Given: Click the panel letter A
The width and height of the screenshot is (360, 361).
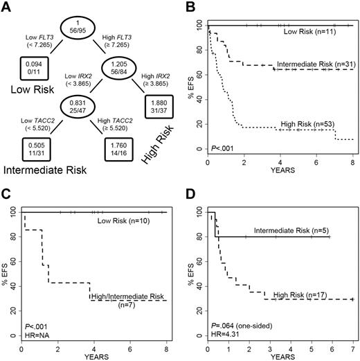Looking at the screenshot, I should (x=9, y=9).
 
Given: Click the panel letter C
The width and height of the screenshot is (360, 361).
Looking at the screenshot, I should (x=8, y=190).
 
